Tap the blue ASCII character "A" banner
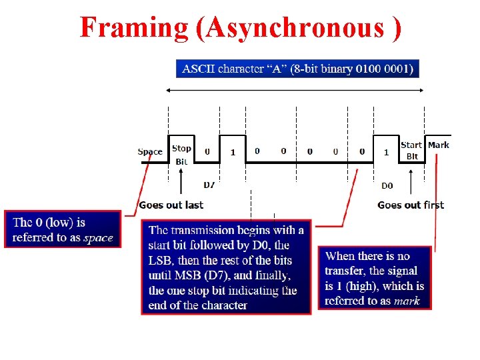point(297,68)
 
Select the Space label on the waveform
point(149,152)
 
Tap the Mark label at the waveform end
point(438,145)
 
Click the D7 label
point(209,184)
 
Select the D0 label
point(387,185)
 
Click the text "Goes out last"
point(171,205)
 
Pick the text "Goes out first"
point(410,205)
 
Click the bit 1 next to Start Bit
point(387,152)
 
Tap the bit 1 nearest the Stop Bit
point(233,152)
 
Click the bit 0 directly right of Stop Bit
point(207,151)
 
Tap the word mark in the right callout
point(407,301)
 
